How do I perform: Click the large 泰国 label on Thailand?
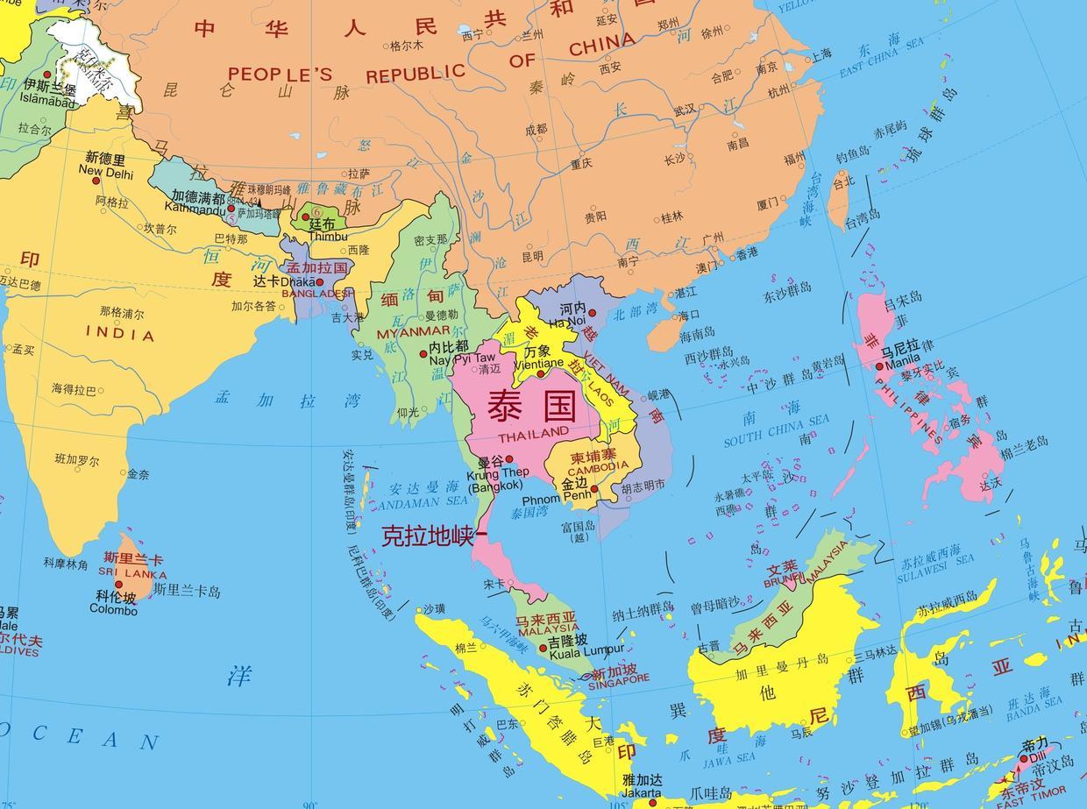click(531, 407)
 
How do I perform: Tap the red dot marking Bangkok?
click(509, 458)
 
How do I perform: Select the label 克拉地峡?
click(428, 536)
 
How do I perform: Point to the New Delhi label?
click(106, 173)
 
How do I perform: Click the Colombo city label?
click(113, 610)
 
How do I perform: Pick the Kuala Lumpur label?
click(586, 650)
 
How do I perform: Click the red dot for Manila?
click(879, 367)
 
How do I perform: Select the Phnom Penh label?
click(559, 499)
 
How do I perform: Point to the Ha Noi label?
click(568, 322)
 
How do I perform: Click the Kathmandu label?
click(195, 209)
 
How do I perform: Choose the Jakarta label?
click(641, 793)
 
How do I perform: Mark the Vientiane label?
click(538, 363)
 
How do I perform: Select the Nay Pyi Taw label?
click(462, 358)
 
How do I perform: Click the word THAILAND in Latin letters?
click(533, 433)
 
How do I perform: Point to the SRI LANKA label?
click(132, 573)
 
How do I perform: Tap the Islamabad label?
click(48, 101)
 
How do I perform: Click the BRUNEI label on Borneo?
click(785, 579)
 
